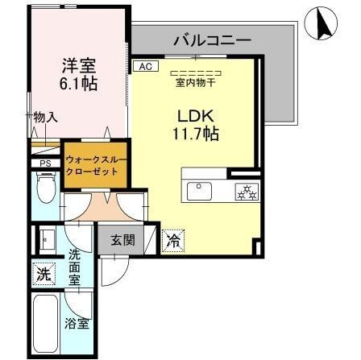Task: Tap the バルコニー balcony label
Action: pos(213,39)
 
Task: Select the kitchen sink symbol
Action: pos(197,191)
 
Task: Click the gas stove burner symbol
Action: pos(244,191)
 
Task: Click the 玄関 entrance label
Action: pos(122,239)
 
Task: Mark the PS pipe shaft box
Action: pos(46,165)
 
